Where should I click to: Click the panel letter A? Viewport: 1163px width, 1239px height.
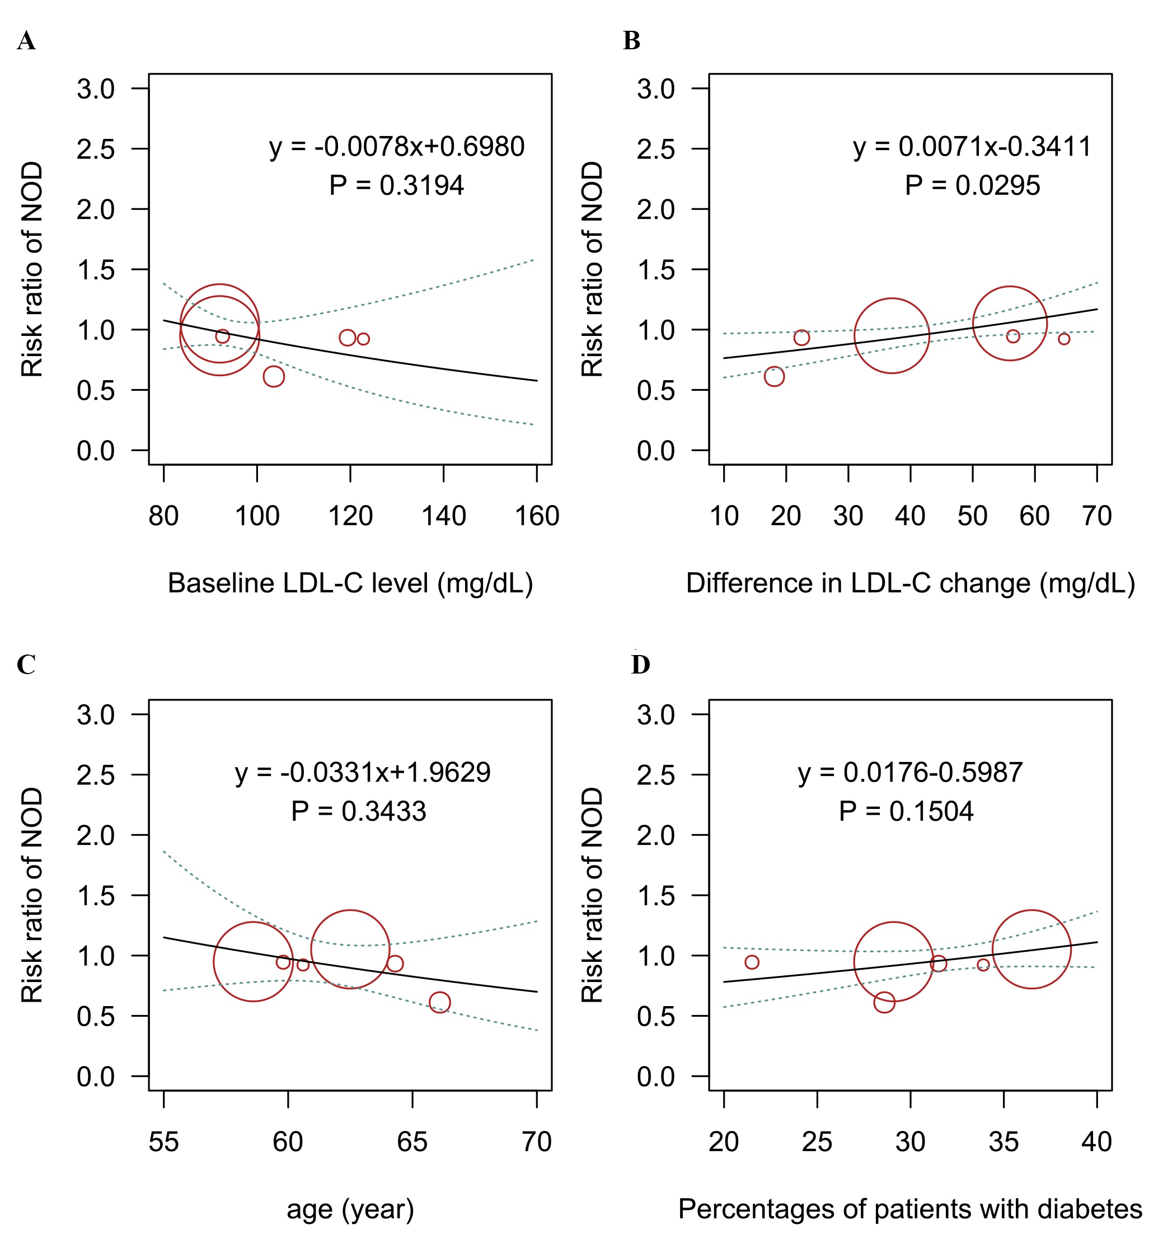tap(26, 41)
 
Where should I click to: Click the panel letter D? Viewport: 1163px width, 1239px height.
tap(640, 665)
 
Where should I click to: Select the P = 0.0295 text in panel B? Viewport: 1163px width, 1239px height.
tap(972, 186)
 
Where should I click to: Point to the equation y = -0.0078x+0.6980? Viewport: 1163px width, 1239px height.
tap(397, 147)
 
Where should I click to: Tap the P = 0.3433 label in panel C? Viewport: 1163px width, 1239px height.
tap(359, 811)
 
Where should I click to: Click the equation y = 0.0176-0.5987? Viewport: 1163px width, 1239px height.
tap(910, 773)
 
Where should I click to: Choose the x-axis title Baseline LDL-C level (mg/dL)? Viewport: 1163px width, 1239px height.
tap(350, 584)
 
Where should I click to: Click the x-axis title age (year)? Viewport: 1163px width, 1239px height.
tap(350, 1210)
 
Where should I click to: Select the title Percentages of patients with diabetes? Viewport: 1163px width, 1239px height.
tap(910, 1210)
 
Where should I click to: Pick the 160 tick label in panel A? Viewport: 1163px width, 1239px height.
tap(537, 517)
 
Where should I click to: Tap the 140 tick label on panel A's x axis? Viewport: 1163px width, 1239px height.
tap(443, 517)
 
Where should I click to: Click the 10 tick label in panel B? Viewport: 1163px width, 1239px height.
tap(724, 517)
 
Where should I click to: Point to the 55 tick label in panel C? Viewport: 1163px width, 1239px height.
tap(164, 1142)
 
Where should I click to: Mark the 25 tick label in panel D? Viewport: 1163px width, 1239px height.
tap(817, 1142)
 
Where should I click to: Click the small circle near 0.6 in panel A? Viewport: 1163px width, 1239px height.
tap(274, 376)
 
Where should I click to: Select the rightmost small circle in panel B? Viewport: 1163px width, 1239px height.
tap(1064, 339)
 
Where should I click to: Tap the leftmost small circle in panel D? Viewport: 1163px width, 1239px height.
tap(752, 962)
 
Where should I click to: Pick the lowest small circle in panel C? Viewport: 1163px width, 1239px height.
tap(440, 1002)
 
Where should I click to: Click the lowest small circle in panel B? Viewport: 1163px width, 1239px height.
tap(773, 376)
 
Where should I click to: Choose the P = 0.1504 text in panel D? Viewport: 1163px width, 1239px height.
tap(906, 811)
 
